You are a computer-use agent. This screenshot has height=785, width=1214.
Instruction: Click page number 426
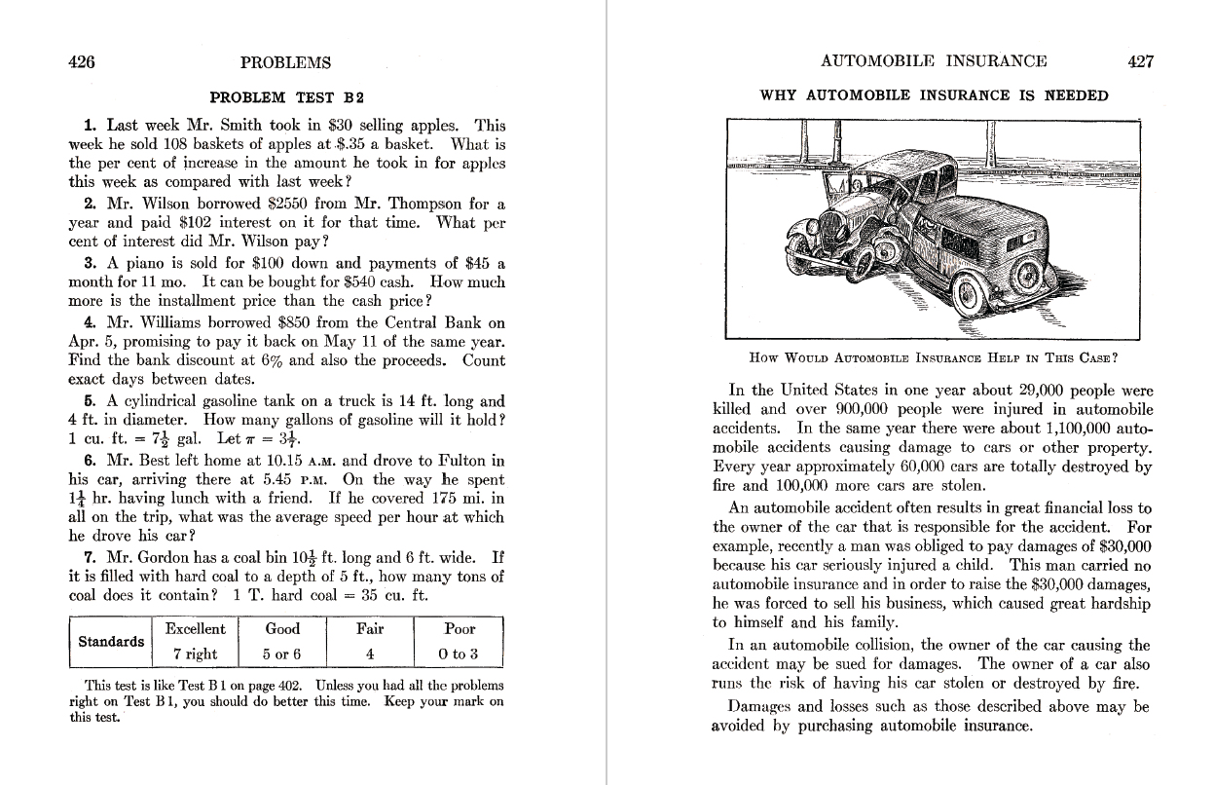tap(82, 62)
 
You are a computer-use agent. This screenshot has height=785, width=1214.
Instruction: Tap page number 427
tap(1140, 61)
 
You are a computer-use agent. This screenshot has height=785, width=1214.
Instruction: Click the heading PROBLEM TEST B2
tap(287, 97)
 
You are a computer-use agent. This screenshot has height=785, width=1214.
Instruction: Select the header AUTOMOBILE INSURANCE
tap(934, 61)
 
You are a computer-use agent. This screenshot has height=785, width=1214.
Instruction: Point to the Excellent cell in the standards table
tap(195, 629)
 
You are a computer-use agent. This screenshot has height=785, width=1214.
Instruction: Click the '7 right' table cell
tap(195, 654)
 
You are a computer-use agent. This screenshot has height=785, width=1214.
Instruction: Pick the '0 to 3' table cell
tap(460, 654)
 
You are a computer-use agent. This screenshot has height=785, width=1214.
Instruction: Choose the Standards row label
tap(111, 642)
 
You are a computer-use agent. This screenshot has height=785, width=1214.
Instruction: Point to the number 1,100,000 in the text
tap(1066, 429)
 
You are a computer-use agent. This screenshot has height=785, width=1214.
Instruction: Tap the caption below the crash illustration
tap(933, 357)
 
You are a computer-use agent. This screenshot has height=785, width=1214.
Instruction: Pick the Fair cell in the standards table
tap(370, 629)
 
